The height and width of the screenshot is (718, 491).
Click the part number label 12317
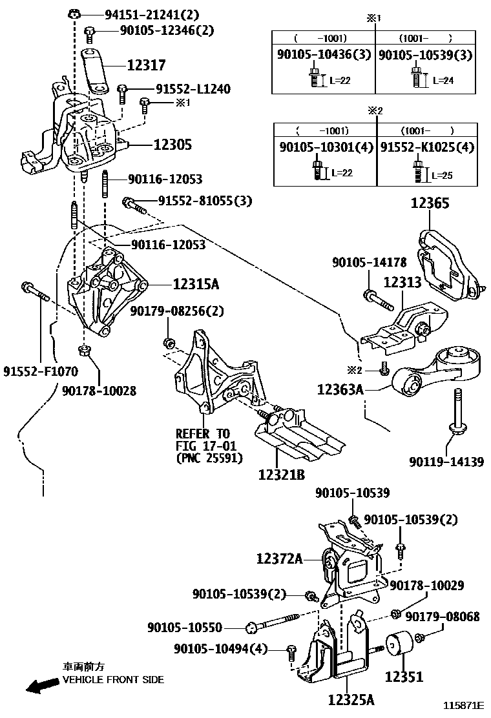(146, 65)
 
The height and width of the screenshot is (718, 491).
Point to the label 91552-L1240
(193, 89)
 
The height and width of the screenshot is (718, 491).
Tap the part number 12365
(431, 203)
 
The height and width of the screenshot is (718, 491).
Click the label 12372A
(279, 557)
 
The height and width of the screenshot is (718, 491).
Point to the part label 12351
(404, 677)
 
